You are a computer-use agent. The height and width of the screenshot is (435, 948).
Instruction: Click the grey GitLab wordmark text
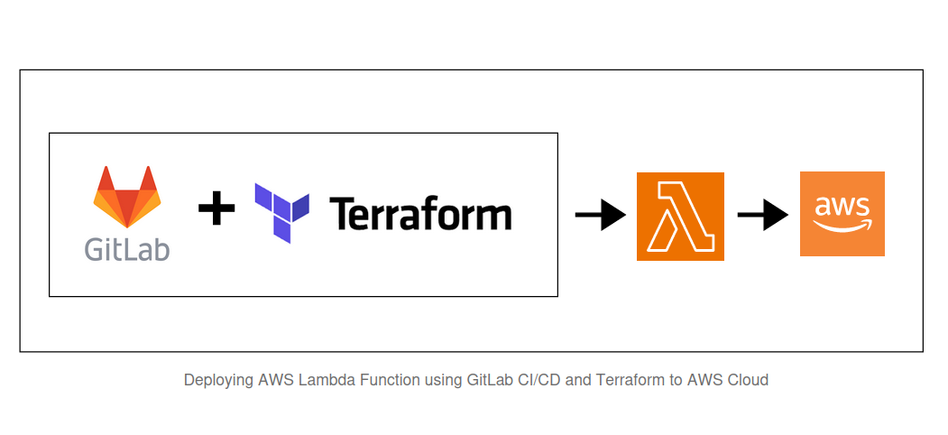tap(127, 248)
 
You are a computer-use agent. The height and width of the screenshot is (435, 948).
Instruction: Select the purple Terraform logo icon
tap(281, 213)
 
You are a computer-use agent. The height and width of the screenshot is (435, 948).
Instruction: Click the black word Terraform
tap(420, 214)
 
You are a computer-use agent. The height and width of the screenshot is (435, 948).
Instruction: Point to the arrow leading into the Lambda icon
tap(601, 215)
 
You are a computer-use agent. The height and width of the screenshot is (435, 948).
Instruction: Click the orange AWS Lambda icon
tap(680, 216)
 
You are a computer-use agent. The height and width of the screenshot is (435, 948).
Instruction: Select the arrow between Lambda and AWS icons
tap(763, 215)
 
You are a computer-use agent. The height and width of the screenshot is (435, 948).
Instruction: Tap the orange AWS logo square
tap(842, 214)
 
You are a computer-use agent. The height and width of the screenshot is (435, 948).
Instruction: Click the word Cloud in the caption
tap(748, 380)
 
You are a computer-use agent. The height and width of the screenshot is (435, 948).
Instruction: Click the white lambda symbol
tap(680, 216)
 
